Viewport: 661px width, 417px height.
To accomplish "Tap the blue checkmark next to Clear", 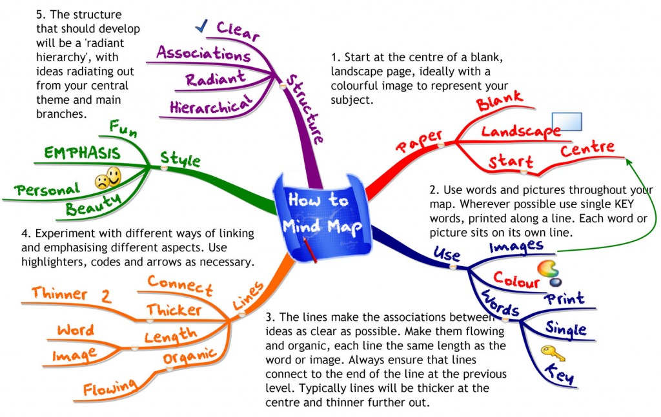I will [201, 26].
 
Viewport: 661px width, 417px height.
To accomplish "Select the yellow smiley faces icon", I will [108, 177].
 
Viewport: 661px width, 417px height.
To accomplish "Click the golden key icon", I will [553, 353].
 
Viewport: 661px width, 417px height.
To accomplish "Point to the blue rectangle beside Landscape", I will [567, 121].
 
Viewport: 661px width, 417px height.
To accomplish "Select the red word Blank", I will [499, 102].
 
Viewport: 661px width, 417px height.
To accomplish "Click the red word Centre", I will [587, 150].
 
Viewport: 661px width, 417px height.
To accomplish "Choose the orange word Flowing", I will [109, 386].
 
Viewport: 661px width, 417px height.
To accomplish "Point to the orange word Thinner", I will [59, 294].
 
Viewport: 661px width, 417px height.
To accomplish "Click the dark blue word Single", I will [565, 329].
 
